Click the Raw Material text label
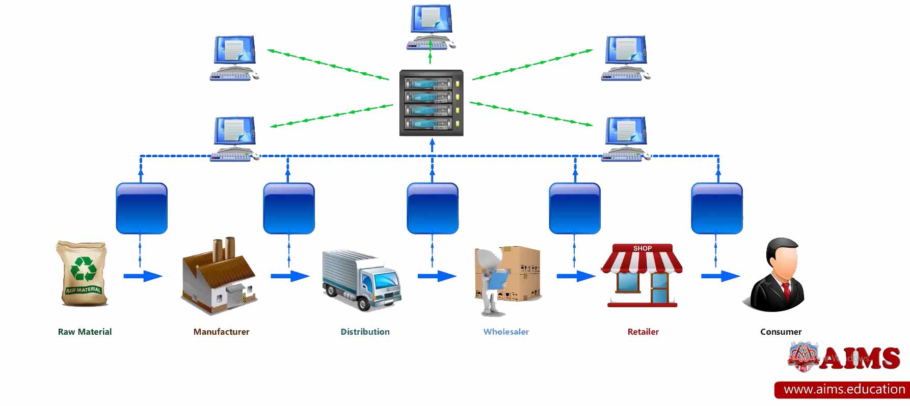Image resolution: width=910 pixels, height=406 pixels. [85, 332]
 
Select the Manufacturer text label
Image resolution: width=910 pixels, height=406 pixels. [221, 332]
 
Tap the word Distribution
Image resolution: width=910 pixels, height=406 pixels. [365, 332]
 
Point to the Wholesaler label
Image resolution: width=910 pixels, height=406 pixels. [506, 332]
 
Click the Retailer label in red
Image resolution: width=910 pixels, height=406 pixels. [643, 332]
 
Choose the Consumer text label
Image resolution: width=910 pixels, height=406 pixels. [781, 332]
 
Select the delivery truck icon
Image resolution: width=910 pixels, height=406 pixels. [361, 280]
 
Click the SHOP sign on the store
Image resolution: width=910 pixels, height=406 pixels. [643, 248]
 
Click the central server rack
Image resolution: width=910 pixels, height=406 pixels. [431, 103]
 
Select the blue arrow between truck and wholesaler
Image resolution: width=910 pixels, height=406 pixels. [437, 276]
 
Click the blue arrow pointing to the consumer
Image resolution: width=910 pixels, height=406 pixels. [720, 276]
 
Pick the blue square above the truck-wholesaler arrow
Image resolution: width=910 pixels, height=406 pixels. [433, 209]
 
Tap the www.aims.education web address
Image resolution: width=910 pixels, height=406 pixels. [844, 390]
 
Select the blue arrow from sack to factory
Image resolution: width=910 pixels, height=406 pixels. [143, 276]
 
